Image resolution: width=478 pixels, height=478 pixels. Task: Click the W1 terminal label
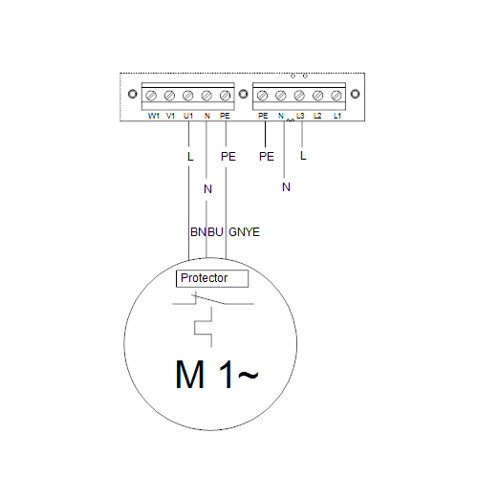click(154, 116)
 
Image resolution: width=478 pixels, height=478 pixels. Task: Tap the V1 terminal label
click(171, 116)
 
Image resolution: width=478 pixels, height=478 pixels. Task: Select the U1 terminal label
click(188, 116)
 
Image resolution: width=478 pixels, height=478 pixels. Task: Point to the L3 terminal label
click(300, 116)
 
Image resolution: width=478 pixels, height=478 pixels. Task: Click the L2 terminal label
click(317, 116)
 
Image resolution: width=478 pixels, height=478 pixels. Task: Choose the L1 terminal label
click(337, 116)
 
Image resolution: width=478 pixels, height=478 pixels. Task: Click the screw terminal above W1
click(151, 96)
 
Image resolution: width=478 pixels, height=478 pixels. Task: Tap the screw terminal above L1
click(337, 96)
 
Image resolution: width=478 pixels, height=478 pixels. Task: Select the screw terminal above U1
click(188, 96)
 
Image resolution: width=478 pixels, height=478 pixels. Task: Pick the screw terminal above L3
click(299, 96)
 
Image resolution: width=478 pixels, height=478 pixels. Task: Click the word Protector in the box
click(204, 278)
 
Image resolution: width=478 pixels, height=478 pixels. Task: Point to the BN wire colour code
click(198, 232)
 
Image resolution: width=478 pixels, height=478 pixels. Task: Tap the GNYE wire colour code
click(244, 232)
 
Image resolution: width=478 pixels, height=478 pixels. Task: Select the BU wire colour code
click(215, 232)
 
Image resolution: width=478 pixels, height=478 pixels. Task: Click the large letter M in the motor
click(189, 375)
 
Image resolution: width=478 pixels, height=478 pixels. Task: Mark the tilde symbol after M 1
click(249, 376)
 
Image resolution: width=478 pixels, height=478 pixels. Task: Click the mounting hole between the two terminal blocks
click(244, 94)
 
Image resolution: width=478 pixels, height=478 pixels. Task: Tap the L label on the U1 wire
click(190, 157)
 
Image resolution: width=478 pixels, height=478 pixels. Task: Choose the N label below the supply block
click(286, 187)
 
